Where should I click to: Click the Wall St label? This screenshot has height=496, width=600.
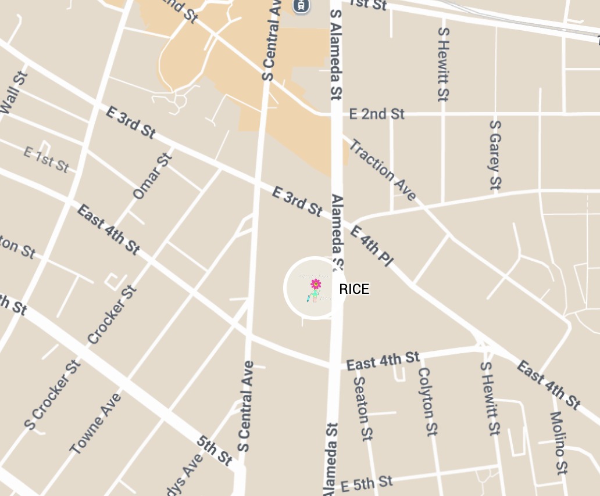click(14, 94)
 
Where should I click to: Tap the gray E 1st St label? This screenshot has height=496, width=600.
click(47, 159)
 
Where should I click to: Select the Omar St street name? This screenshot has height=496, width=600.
click(152, 176)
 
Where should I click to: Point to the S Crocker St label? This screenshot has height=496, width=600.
click(52, 395)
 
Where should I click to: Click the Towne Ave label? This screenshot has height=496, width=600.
click(96, 423)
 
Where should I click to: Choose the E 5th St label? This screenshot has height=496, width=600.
click(367, 483)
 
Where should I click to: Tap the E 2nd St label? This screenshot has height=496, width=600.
click(377, 114)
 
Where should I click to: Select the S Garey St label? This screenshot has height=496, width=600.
click(495, 154)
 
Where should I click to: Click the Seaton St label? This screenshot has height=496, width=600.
click(363, 408)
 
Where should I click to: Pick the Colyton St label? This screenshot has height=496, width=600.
click(428, 401)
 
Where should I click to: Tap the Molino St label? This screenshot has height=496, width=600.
click(559, 442)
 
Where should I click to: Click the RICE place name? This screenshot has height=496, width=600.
click(354, 289)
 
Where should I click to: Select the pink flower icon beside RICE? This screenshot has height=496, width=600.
click(316, 284)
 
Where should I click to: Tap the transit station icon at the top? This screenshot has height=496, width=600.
click(301, 6)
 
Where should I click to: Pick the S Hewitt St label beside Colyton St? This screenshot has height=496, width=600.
click(490, 398)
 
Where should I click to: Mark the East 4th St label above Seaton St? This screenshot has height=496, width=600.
click(383, 361)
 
